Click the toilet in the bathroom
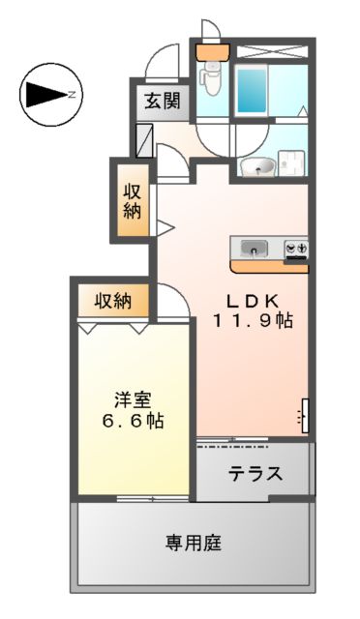coord(210,78)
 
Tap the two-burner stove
coord(295,249)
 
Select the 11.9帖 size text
coord(254,319)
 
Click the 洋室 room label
coord(132,399)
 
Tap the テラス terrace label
coord(255,474)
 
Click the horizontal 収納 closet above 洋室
coord(112,300)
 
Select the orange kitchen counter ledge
coord(269,265)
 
